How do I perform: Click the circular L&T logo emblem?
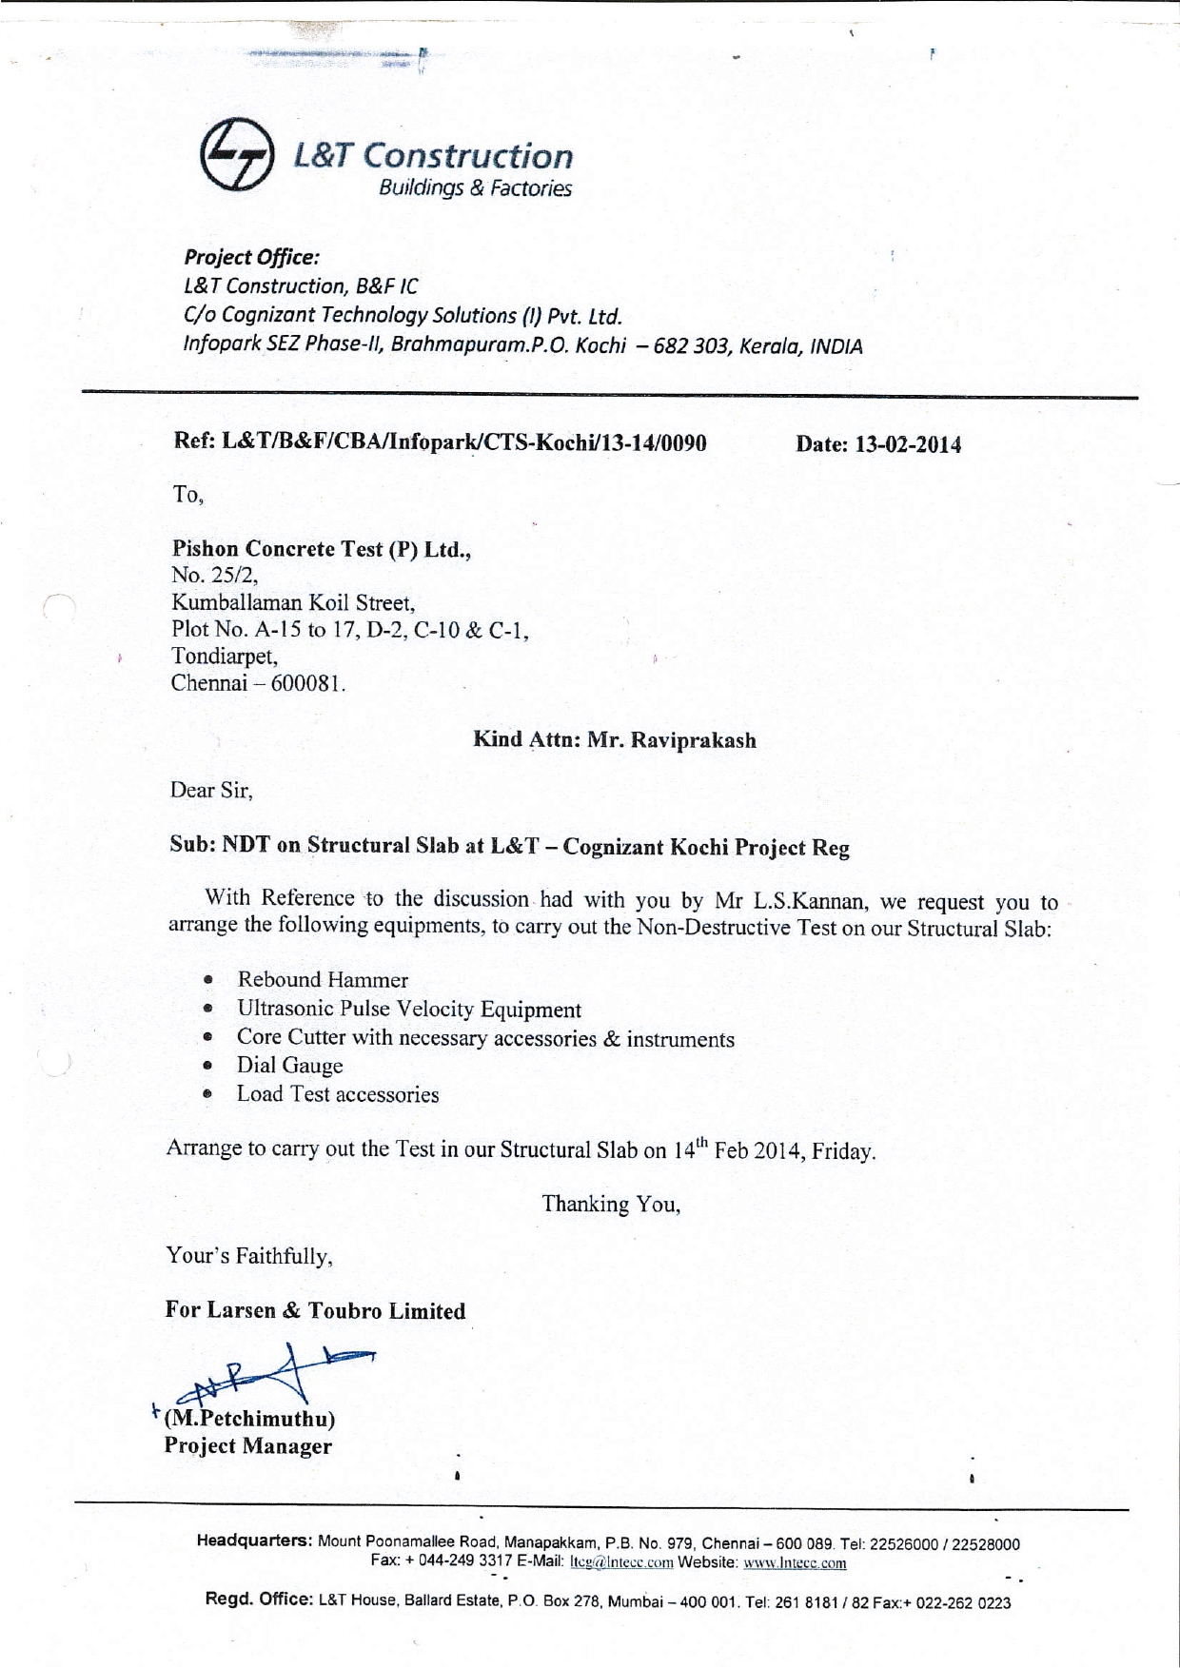click(237, 154)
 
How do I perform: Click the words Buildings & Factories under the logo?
click(475, 188)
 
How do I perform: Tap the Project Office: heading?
click(251, 257)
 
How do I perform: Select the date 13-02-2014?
click(908, 444)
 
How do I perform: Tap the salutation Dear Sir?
click(210, 790)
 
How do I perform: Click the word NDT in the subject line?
click(246, 845)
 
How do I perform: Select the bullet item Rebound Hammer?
click(323, 980)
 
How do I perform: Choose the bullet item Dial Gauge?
click(289, 1066)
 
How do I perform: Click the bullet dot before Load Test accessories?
click(207, 1095)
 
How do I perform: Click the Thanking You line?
click(611, 1205)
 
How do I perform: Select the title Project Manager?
click(247, 1446)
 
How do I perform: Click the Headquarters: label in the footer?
click(254, 1540)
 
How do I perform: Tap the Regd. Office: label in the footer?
click(259, 1599)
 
